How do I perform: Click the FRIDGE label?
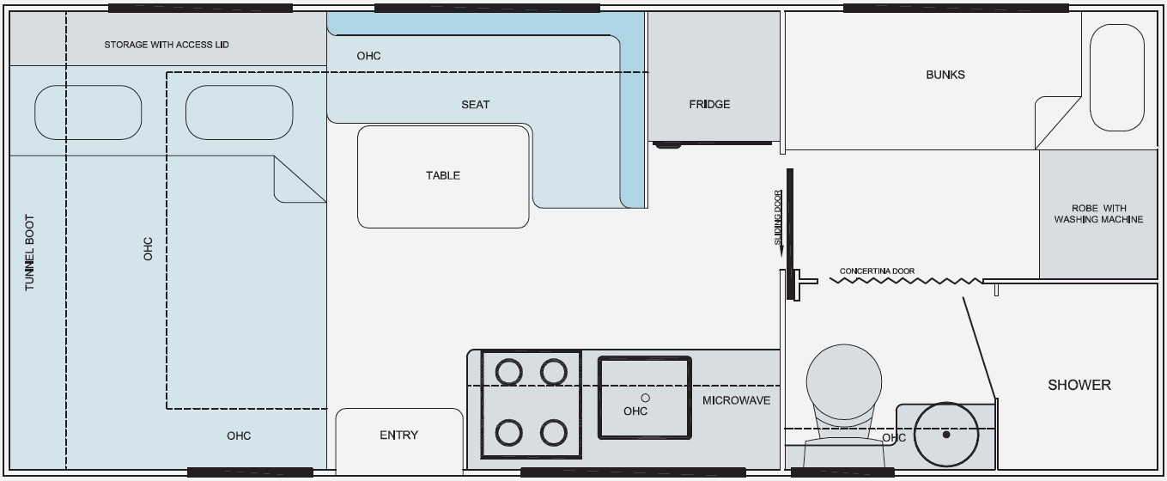pyautogui.click(x=709, y=104)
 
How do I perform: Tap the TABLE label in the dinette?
pyautogui.click(x=443, y=175)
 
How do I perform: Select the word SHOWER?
pyautogui.click(x=1079, y=385)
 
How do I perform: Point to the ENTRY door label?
pyautogui.click(x=398, y=435)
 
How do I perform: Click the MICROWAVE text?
pyautogui.click(x=736, y=401)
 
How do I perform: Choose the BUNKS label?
pyautogui.click(x=945, y=75)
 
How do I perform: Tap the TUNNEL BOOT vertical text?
pyautogui.click(x=30, y=253)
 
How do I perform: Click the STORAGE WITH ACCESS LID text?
pyautogui.click(x=167, y=45)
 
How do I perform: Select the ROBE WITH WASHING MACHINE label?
pyautogui.click(x=1098, y=214)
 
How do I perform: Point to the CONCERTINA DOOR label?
pyautogui.click(x=877, y=271)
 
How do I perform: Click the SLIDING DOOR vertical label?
pyautogui.click(x=778, y=217)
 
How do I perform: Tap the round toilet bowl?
pyautogui.click(x=844, y=381)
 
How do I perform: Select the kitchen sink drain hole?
pyautogui.click(x=646, y=398)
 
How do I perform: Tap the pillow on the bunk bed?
pyautogui.click(x=1117, y=77)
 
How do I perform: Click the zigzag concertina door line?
pyautogui.click(x=906, y=281)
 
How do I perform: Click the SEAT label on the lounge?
pyautogui.click(x=475, y=105)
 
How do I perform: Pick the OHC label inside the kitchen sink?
pyautogui.click(x=635, y=411)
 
